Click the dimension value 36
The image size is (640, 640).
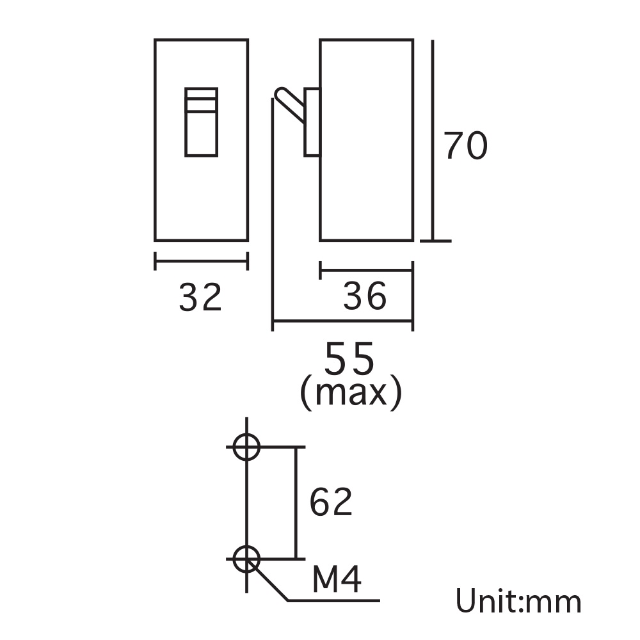pos(365,296)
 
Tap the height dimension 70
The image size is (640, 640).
pos(466,146)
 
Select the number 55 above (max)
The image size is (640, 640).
pos(349,360)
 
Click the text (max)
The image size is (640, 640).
pos(351,393)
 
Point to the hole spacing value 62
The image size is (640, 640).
pos(331,502)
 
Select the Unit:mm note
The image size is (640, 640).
pos(518,602)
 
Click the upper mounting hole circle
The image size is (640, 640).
pos(246,447)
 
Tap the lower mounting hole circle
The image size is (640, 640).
pos(246,559)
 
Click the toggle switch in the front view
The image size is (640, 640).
pos(202,122)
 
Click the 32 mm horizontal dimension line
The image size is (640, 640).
pos(201,261)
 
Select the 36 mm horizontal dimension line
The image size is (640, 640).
pos(366,270)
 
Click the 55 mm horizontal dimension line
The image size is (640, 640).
pos(342,323)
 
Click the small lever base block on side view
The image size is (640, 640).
pos(312,122)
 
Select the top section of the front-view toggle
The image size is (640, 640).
pos(202,93)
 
